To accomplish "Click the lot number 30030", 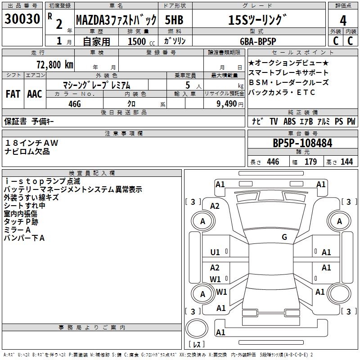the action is click(22, 20).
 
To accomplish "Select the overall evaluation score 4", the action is click(343, 20).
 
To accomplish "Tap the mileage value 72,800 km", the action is click(53, 64).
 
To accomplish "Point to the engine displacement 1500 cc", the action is click(137, 41).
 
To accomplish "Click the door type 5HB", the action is click(174, 20).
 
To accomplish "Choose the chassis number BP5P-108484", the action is click(302, 143).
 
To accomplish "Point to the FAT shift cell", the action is click(13, 94).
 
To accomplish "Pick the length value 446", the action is click(273, 162).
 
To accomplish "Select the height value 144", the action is click(346, 162).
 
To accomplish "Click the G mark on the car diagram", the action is click(284, 237).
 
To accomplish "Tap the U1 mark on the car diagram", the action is click(215, 252).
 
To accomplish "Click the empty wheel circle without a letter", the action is click(340, 294).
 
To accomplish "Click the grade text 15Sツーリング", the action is click(257, 20).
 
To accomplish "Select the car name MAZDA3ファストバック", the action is click(116, 20).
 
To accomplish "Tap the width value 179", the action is click(311, 162).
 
